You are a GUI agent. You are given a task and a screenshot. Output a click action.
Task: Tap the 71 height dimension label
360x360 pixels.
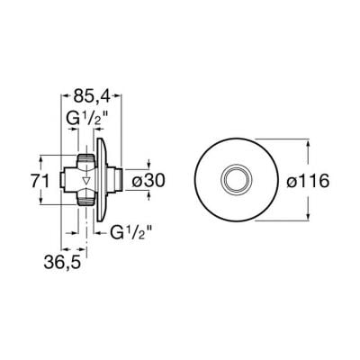point(40,182)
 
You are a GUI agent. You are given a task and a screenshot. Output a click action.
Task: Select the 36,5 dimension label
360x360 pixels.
point(62,262)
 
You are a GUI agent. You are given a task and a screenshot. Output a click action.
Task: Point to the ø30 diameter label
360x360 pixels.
point(148,181)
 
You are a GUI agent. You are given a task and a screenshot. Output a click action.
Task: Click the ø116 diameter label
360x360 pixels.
point(308,181)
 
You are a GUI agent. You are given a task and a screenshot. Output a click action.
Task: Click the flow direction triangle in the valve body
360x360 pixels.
point(86,181)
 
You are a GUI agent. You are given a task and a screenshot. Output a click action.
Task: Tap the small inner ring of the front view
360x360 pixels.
point(237,180)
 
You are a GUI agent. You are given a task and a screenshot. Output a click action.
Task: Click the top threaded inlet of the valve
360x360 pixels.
point(85,157)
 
